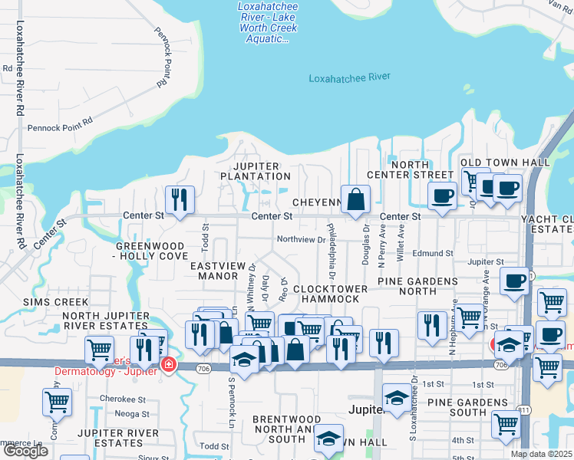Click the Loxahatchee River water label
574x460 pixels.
coord(349,77)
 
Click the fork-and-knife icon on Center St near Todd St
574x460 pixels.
coord(180,201)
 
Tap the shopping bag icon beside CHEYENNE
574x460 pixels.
coord(356,201)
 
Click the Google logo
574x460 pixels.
coord(25,451)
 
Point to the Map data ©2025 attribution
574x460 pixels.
coord(541,454)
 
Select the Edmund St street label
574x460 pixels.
coord(433,253)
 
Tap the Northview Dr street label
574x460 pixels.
coord(301,239)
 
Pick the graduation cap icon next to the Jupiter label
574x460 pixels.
coord(396,399)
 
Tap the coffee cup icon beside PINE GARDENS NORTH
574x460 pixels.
coord(515,281)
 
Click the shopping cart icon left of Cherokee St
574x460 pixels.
coord(58,401)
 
